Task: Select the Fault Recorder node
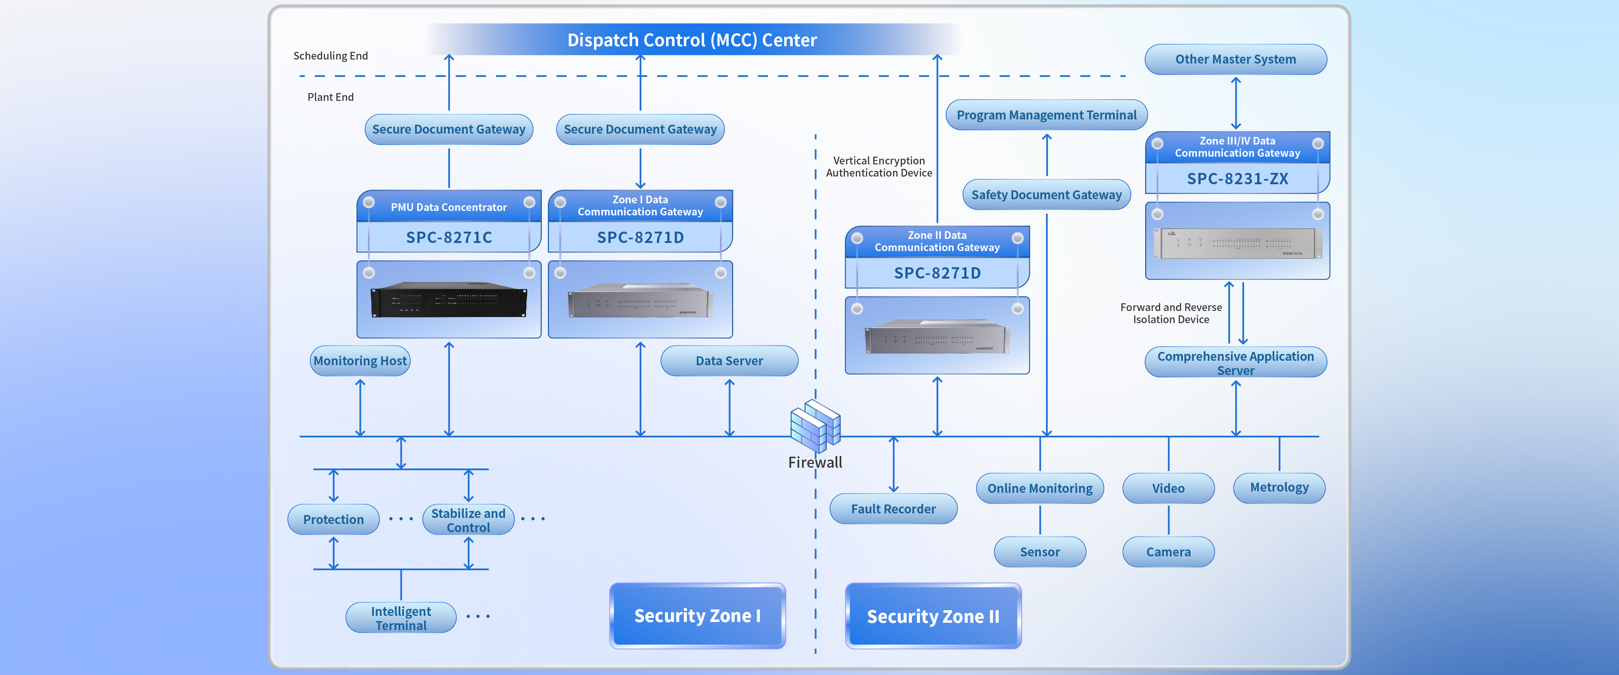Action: pos(893,509)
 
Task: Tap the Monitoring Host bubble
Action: pos(360,361)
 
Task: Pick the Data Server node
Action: pos(729,361)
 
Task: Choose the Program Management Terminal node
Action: pos(1046,115)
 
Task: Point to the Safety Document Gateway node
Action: pos(1046,195)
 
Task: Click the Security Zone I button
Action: pos(697,616)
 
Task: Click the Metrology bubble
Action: pos(1279,488)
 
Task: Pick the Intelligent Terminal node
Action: pos(401,618)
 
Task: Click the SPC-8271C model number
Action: pos(449,238)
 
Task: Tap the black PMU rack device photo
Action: pos(449,300)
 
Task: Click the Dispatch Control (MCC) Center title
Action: pos(692,40)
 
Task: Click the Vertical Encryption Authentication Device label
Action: pos(878,167)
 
